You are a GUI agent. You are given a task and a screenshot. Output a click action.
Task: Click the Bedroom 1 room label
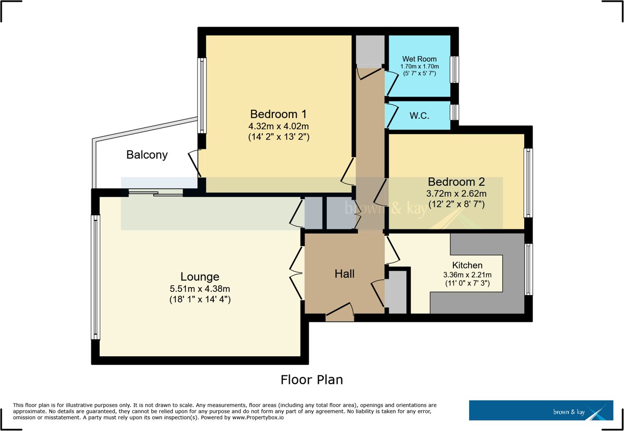(x=278, y=115)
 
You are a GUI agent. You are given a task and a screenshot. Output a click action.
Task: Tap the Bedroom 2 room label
(x=456, y=182)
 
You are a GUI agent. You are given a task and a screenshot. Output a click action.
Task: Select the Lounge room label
(x=200, y=277)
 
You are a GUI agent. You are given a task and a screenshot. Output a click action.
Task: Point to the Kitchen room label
(x=467, y=265)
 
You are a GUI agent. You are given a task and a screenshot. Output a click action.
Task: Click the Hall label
(x=345, y=274)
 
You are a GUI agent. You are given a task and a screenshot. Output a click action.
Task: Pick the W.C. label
(x=420, y=115)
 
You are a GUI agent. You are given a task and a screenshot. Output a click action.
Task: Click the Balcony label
(x=147, y=155)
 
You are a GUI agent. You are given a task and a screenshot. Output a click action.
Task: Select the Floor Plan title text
(x=311, y=380)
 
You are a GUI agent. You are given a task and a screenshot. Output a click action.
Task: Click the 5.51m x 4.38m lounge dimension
(x=200, y=288)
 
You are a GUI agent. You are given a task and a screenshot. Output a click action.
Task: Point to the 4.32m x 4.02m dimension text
(x=278, y=126)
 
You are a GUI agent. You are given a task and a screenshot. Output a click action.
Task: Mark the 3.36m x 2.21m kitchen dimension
(x=467, y=275)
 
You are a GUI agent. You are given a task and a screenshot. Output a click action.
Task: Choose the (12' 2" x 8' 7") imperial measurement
(x=456, y=205)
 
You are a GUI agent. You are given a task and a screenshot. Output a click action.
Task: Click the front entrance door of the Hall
(x=340, y=317)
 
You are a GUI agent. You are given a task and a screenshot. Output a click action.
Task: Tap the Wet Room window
(x=454, y=69)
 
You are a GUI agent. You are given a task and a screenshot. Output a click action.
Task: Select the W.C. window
(x=454, y=113)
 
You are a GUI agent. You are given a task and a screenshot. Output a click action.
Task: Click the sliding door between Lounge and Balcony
(x=155, y=192)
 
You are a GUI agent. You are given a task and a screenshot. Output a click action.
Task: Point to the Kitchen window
(x=528, y=269)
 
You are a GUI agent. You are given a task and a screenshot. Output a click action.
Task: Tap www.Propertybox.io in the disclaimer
(x=259, y=418)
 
